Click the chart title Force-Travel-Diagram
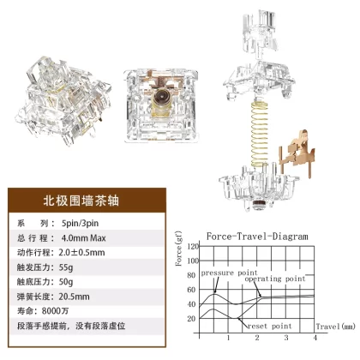click(x=257, y=237)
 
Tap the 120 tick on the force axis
click(x=193, y=246)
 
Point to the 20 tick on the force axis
click(x=191, y=319)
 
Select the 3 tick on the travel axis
click(x=286, y=338)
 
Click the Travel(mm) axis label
click(x=336, y=327)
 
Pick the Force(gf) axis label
click(x=179, y=249)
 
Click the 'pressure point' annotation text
click(x=230, y=273)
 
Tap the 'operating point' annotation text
click(x=275, y=279)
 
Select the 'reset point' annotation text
click(x=270, y=327)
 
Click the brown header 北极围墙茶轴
click(x=81, y=201)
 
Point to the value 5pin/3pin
click(x=81, y=223)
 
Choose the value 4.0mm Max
click(x=83, y=238)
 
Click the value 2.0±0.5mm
click(x=81, y=253)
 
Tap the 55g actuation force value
click(x=66, y=267)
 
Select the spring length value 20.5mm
click(x=75, y=297)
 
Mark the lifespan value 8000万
click(x=55, y=311)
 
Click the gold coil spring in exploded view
click(x=260, y=135)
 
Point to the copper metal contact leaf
click(x=297, y=153)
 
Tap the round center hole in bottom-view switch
click(x=161, y=98)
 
